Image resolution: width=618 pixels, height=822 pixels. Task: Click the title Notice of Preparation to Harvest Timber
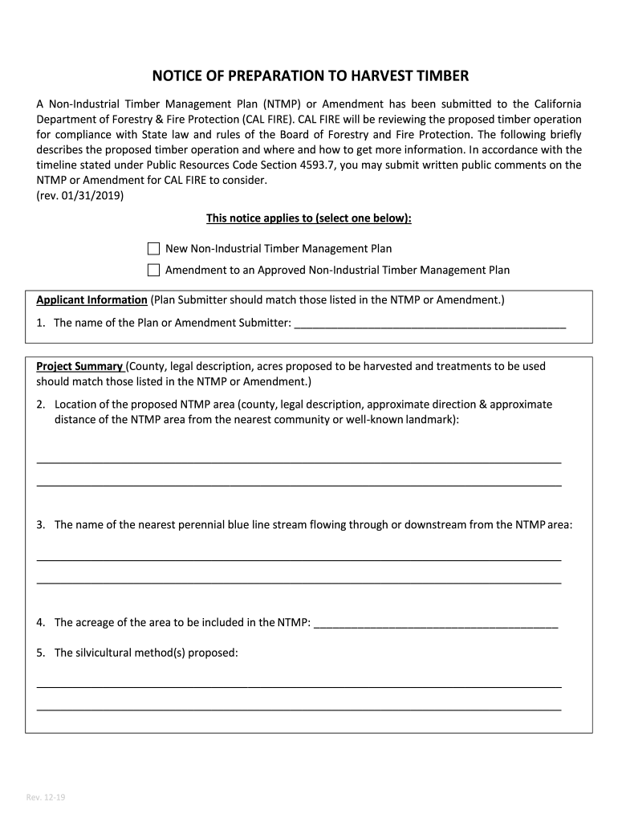pos(310,76)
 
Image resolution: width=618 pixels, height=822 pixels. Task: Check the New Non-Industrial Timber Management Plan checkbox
pos(154,249)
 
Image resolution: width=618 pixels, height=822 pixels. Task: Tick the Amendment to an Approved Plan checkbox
pos(154,270)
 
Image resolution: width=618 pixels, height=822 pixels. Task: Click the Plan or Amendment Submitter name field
pos(430,324)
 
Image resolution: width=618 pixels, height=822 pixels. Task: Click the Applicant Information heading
pos(91,300)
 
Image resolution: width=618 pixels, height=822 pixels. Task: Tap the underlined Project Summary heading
pos(80,366)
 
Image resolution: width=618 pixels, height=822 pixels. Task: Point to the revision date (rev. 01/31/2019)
pos(80,195)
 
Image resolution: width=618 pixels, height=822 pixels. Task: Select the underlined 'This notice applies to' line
pos(309,218)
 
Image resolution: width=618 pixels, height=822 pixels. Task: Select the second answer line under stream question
pos(299,580)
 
